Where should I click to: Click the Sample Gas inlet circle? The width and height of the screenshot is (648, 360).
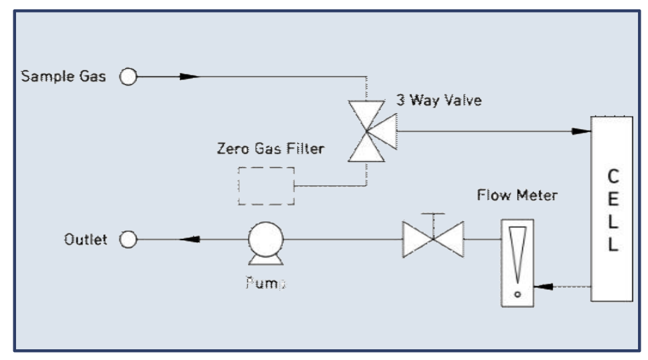pyautogui.click(x=128, y=77)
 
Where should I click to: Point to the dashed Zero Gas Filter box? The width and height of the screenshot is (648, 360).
pyautogui.click(x=266, y=185)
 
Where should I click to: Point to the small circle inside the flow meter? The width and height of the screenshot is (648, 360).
pyautogui.click(x=517, y=292)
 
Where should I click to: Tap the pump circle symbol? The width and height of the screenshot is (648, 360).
pyautogui.click(x=266, y=238)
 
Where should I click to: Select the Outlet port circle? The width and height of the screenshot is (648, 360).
pyautogui.click(x=128, y=239)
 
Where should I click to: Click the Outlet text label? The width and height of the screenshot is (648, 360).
pyautogui.click(x=86, y=239)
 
